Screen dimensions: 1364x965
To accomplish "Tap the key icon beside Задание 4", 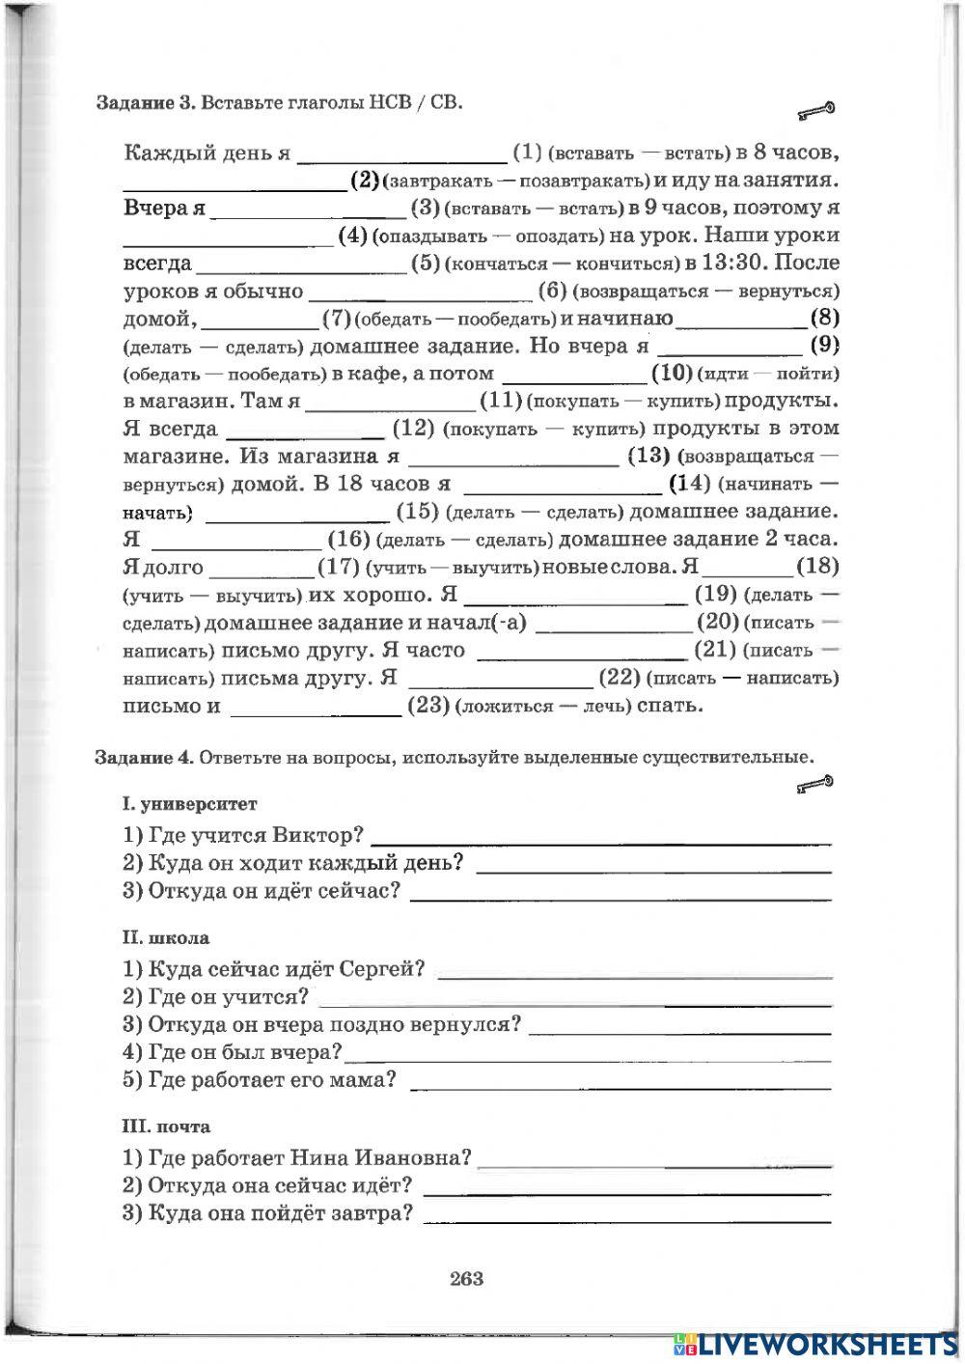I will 815,786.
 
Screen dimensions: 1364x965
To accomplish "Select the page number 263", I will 466,1279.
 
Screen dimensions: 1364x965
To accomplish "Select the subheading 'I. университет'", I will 190,804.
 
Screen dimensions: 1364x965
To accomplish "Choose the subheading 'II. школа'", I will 166,937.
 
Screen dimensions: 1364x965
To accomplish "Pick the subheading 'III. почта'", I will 166,1127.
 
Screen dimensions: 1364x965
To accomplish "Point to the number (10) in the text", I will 673,373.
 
